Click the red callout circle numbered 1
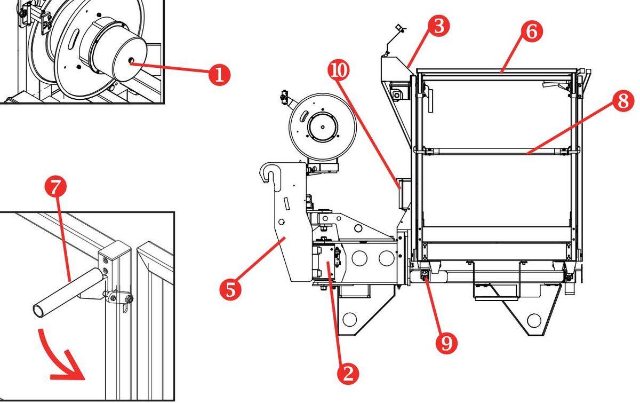tap(219, 74)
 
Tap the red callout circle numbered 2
tap(348, 373)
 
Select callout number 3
tap(438, 27)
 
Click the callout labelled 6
tap(531, 31)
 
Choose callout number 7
tap(55, 187)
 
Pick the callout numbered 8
tap(623, 101)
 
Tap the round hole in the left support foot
tap(349, 320)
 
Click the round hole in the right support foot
tap(533, 320)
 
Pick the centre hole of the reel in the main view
tap(322, 127)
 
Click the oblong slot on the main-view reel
tap(303, 115)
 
